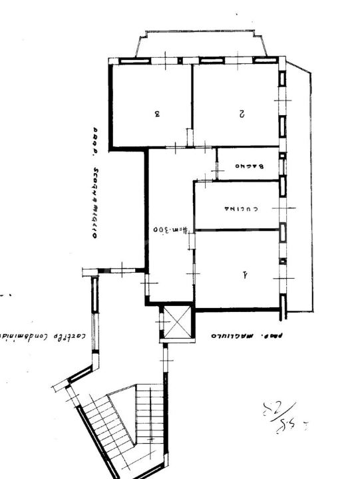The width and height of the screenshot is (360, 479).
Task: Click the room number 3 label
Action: pyautogui.click(x=157, y=113)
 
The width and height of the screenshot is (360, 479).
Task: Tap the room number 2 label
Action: pyautogui.click(x=242, y=114)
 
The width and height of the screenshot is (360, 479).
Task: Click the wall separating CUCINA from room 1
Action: pyautogui.click(x=236, y=230)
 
